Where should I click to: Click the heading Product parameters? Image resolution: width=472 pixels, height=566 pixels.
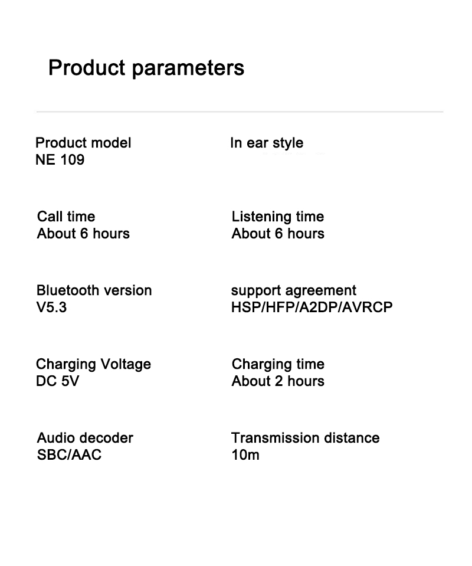tap(146, 68)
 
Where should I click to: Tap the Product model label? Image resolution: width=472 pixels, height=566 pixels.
tap(83, 143)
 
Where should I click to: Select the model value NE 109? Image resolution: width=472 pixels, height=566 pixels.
tap(60, 160)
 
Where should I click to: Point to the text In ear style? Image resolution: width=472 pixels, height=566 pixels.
tap(267, 143)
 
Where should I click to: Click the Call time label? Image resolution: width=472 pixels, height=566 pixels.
tap(65, 217)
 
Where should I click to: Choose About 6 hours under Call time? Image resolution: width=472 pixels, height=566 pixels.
tap(83, 234)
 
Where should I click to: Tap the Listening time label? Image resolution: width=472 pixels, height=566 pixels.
tap(277, 217)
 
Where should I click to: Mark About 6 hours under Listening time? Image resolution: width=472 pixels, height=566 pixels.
tap(278, 234)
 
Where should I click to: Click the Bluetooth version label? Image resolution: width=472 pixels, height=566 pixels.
tap(94, 290)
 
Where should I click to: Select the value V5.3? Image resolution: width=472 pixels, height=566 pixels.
tap(51, 307)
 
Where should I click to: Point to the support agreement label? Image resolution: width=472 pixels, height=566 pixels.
tap(293, 290)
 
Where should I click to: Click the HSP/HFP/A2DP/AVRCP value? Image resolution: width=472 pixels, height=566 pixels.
tap(312, 307)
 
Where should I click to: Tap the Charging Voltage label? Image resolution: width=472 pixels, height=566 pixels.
tap(93, 364)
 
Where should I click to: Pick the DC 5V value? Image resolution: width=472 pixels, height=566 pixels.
tap(57, 381)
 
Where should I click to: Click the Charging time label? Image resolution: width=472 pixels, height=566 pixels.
tap(278, 364)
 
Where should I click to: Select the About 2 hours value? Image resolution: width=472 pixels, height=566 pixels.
tap(278, 381)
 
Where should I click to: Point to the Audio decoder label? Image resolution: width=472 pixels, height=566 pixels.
tap(85, 438)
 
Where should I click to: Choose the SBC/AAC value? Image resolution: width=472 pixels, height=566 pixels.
tap(69, 455)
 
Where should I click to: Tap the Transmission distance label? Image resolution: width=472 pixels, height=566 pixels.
tap(305, 438)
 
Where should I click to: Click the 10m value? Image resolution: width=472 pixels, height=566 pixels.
tap(245, 455)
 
